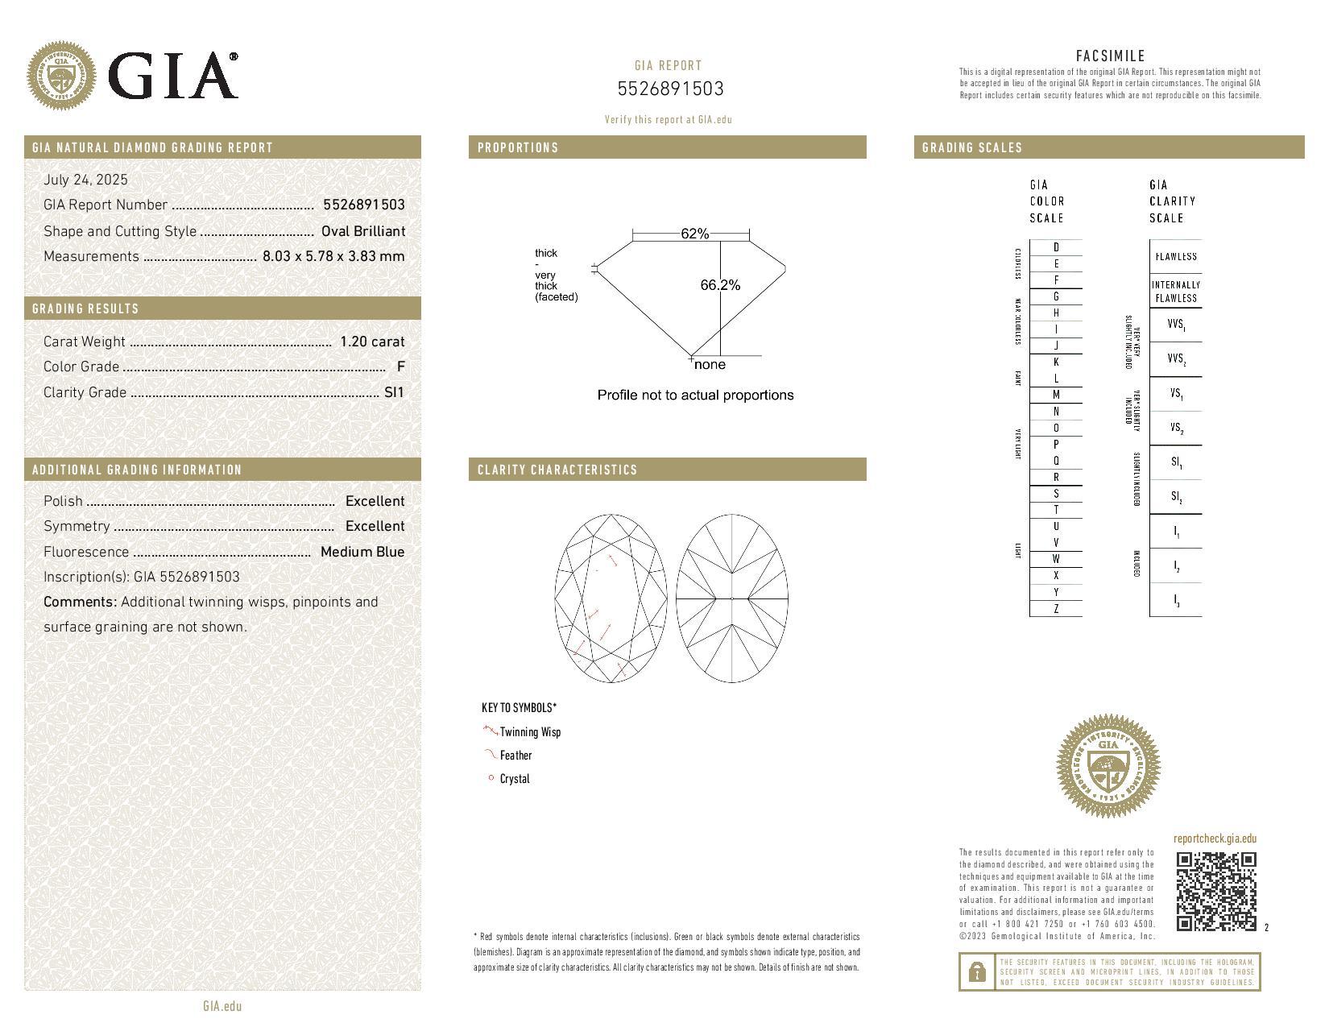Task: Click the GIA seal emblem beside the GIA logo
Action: pos(61,76)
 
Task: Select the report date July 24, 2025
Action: pos(85,180)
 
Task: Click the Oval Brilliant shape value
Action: pos(362,231)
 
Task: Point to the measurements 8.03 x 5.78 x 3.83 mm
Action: pos(333,256)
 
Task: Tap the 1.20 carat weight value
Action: pos(372,342)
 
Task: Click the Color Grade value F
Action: pos(400,366)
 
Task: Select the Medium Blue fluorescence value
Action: pos(362,552)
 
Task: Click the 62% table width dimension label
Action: pos(694,234)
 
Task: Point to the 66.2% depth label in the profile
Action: pos(720,285)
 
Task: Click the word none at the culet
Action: pos(710,365)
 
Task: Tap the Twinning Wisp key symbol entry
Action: pos(529,731)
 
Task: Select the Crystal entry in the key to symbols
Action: pos(515,779)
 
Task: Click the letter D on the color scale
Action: pos(1056,247)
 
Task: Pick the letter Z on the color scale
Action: pos(1056,609)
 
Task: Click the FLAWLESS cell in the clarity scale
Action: pos(1175,257)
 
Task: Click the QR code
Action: pos(1215,891)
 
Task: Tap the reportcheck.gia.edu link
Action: pos(1215,839)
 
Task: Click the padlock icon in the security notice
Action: pos(976,971)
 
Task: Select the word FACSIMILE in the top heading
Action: pos(1110,56)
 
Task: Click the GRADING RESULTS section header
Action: pos(85,309)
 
